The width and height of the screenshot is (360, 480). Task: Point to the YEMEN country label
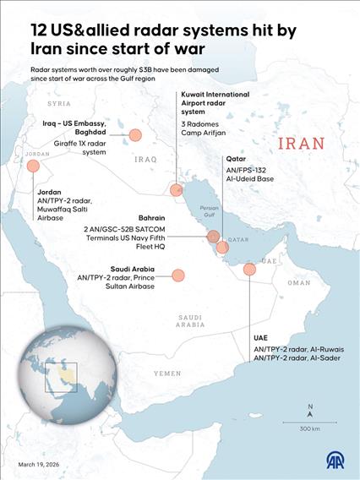point(166,373)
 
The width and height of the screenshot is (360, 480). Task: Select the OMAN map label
point(298,284)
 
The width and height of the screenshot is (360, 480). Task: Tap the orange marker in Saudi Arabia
point(178,275)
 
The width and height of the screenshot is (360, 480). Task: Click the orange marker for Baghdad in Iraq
point(134,135)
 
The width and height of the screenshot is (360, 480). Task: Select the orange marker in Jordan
point(34,166)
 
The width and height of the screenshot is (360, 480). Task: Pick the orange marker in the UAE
point(249,270)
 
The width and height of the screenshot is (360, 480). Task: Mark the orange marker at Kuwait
point(176,191)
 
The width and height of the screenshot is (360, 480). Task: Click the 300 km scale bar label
point(309,429)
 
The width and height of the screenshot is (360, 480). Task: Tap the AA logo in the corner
point(339,461)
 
